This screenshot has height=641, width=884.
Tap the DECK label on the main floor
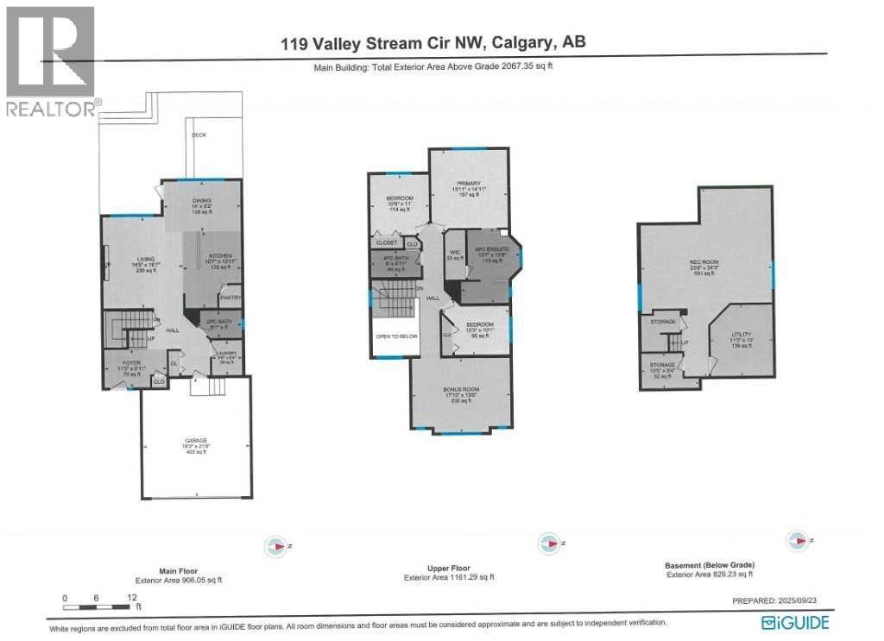click(199, 135)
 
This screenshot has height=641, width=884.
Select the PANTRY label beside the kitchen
click(230, 298)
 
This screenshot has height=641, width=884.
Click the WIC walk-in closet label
click(455, 253)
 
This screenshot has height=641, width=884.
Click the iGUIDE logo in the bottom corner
click(795, 622)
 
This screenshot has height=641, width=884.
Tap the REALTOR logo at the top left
click(49, 60)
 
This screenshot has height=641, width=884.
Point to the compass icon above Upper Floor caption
click(547, 544)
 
